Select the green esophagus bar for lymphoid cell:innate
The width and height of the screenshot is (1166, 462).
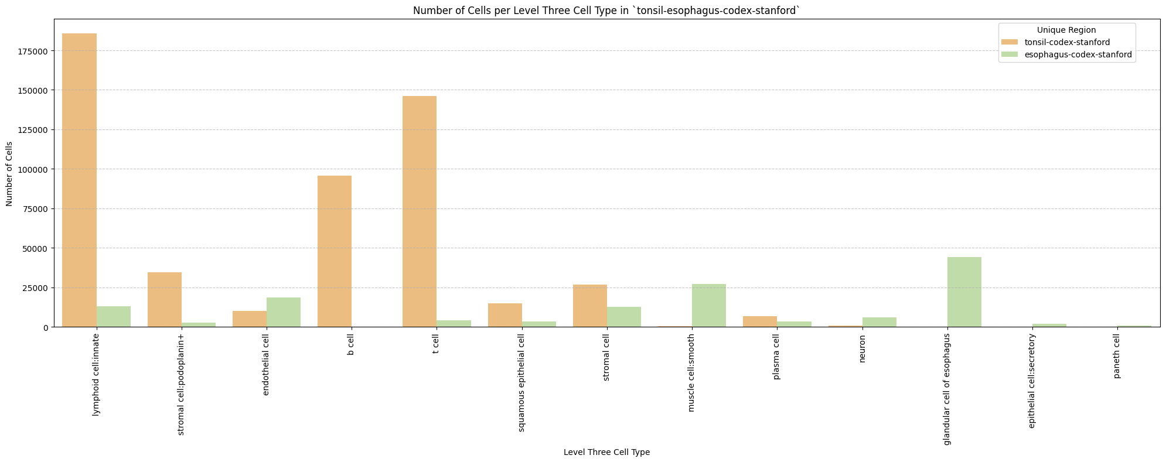114,317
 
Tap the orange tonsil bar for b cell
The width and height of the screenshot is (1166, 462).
335,251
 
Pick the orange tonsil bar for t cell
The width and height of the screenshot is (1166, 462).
420,211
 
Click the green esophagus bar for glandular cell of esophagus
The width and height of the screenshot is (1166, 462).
964,292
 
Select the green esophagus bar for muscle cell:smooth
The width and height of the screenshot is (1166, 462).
709,306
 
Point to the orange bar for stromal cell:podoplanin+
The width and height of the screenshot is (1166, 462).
165,300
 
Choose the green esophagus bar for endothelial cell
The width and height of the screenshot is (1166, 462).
284,312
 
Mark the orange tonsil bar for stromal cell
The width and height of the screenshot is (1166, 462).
590,306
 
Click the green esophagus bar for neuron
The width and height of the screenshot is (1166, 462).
879,322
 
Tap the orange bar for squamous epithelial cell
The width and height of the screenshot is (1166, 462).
505,315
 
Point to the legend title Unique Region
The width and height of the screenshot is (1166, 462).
1066,30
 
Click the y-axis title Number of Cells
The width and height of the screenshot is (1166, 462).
9,173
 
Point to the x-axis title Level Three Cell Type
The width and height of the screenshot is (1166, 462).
606,452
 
